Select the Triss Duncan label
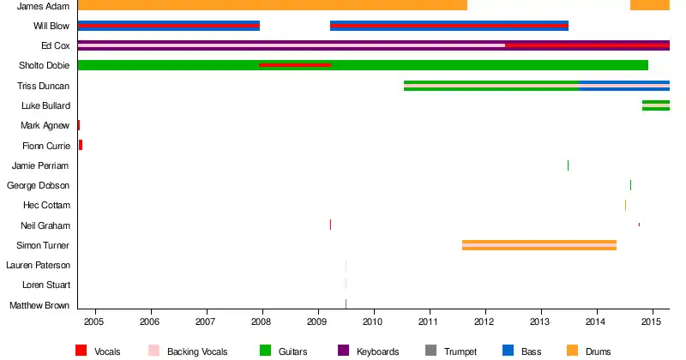(x=43, y=86)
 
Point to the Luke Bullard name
(x=45, y=105)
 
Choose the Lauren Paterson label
(x=39, y=266)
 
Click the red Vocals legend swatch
(x=81, y=351)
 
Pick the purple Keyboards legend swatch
(x=344, y=351)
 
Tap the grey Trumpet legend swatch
(x=430, y=351)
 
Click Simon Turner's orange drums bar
(x=539, y=245)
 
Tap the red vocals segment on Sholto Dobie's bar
(x=295, y=65)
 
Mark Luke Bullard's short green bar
(x=656, y=105)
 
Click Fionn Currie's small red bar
(x=81, y=145)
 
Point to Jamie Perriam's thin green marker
(x=568, y=165)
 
